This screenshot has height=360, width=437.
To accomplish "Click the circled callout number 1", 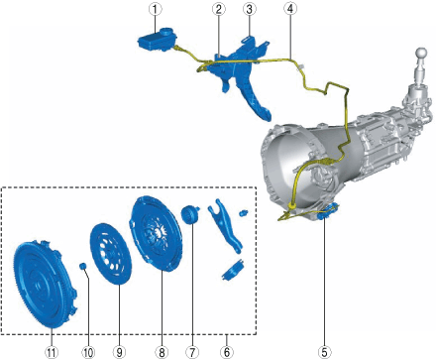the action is coord(155,9).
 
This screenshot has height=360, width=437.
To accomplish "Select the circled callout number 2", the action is coord(219,9).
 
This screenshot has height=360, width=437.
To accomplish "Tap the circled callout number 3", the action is coord(250,9).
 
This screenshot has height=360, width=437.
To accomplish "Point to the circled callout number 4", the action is coord(290,9).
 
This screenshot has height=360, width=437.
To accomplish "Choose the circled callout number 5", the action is coord(324,351).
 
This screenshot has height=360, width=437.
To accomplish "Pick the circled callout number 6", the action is coord(227,351).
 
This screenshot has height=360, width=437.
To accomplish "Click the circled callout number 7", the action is coord(192,351).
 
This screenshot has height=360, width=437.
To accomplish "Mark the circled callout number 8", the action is coord(162,351).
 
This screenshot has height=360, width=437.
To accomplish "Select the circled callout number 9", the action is coord(119,351).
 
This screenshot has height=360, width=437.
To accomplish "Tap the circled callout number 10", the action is coord(88,351).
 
